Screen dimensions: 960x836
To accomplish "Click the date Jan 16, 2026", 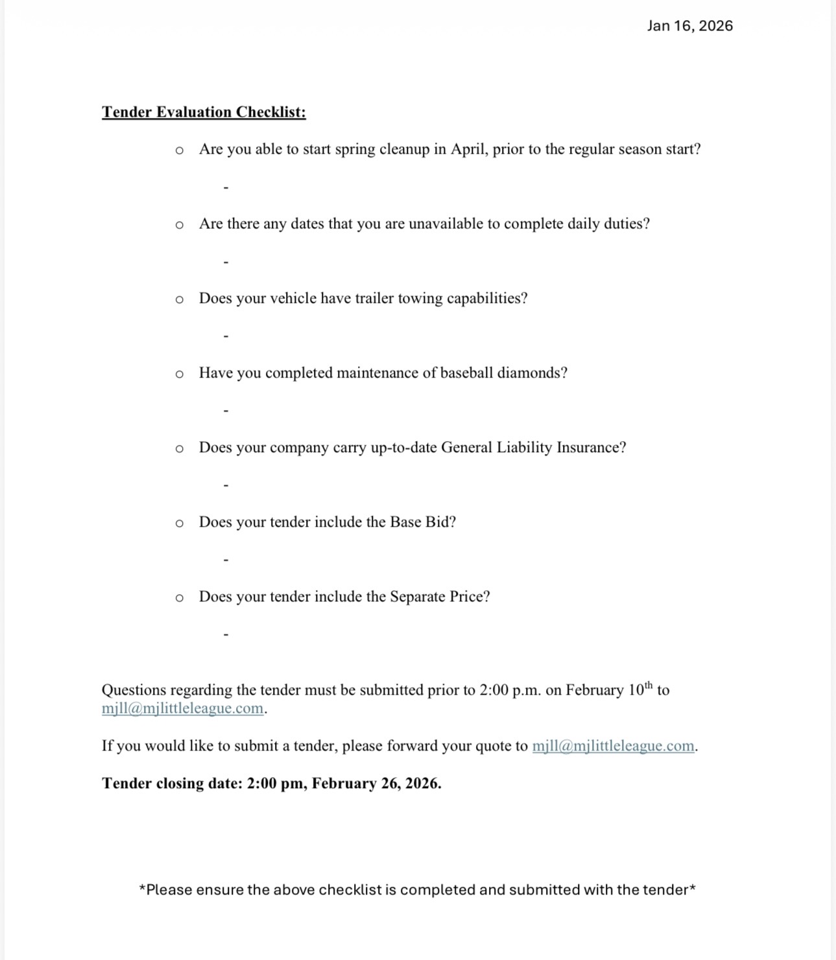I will click(689, 26).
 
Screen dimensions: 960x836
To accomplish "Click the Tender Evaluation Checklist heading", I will click(204, 112).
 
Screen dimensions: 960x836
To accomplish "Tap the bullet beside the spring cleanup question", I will click(180, 150).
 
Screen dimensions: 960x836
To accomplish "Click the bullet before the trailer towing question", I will click(180, 300).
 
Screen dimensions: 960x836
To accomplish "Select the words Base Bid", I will click(422, 522).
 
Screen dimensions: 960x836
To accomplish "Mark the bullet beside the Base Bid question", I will click(180, 523).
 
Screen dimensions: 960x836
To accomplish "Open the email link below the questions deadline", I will click(182, 708).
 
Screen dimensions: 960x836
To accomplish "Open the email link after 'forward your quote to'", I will click(613, 746).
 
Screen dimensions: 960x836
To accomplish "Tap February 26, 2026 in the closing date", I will click(376, 784).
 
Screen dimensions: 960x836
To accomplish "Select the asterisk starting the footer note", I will click(143, 889).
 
